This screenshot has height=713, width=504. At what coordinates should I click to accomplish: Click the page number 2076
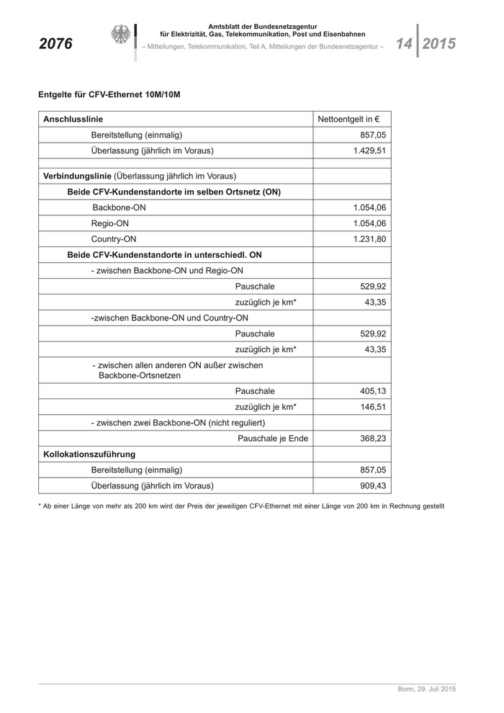click(x=55, y=44)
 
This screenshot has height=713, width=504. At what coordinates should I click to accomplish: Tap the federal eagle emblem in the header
click(x=120, y=35)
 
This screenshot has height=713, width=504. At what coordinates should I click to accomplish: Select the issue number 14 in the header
click(x=403, y=44)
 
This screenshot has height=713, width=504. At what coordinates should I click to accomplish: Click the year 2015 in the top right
click(x=438, y=44)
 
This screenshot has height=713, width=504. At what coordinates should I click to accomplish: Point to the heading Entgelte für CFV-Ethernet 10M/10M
click(x=109, y=94)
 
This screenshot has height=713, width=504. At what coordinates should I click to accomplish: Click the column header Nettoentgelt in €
click(x=349, y=119)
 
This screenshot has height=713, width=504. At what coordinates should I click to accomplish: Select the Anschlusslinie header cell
click(x=73, y=119)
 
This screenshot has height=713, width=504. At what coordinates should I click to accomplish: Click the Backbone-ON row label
click(x=120, y=207)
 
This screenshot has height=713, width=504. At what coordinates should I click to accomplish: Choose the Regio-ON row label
click(x=110, y=223)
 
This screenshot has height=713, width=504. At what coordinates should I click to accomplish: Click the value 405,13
click(x=373, y=391)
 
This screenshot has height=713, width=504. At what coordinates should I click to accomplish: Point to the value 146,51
click(x=373, y=407)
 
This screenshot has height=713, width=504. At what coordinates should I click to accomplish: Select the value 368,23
click(x=373, y=439)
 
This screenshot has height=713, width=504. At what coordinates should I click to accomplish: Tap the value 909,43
click(x=373, y=486)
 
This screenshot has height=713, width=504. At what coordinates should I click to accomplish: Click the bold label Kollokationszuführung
click(x=89, y=454)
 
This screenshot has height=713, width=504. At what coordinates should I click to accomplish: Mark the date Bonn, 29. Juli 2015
click(x=426, y=689)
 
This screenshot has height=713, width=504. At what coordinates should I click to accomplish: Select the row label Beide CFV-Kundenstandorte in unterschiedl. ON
click(x=164, y=255)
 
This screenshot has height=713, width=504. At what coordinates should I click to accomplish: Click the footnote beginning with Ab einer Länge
click(x=241, y=506)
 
